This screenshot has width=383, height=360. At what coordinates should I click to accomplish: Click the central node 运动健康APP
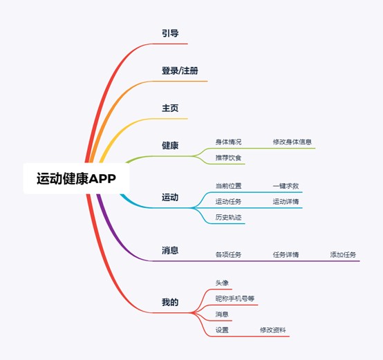[x=76, y=178]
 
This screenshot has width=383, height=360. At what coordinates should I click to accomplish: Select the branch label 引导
[x=170, y=33]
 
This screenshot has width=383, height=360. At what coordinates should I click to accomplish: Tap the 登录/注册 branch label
[x=180, y=70]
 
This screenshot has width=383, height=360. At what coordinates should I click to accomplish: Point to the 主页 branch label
[x=170, y=108]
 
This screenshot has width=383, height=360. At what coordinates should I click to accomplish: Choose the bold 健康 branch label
[x=170, y=146]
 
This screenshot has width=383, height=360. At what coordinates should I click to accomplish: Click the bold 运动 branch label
[x=170, y=197]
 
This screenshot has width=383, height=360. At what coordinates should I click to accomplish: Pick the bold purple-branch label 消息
[x=170, y=250]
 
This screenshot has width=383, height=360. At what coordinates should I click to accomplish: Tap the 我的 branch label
[x=170, y=302]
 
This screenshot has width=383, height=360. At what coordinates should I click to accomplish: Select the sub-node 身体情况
[x=228, y=142]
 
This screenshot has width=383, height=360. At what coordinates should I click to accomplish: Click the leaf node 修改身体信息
[x=292, y=142]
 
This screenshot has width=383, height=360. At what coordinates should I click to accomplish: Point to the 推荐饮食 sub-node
[x=228, y=158]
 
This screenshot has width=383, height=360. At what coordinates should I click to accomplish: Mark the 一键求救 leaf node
[x=286, y=186]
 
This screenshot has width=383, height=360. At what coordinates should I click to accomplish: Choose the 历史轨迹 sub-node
[x=228, y=217]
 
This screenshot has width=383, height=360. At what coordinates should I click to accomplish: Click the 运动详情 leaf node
[x=286, y=202]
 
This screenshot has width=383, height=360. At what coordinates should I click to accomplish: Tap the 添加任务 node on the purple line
[x=343, y=255]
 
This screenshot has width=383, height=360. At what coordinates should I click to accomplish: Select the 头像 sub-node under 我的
[x=222, y=283]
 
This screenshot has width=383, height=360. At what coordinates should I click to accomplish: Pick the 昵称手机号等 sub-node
[x=235, y=299]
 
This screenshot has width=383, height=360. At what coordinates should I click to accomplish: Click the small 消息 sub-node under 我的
[x=222, y=314]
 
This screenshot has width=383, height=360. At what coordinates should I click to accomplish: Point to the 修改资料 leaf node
[x=273, y=330]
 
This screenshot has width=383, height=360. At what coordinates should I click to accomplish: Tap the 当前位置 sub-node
[x=228, y=186]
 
